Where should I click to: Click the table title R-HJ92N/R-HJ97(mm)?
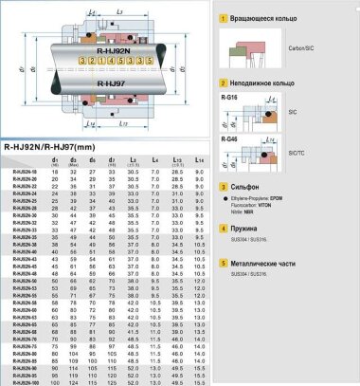53,147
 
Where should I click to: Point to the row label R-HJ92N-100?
24,382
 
